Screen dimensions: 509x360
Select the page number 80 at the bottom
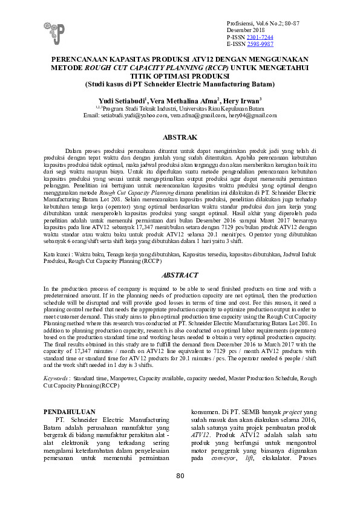180,493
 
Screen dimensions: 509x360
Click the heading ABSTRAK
180,138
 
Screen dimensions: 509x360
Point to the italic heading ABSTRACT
180,275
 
